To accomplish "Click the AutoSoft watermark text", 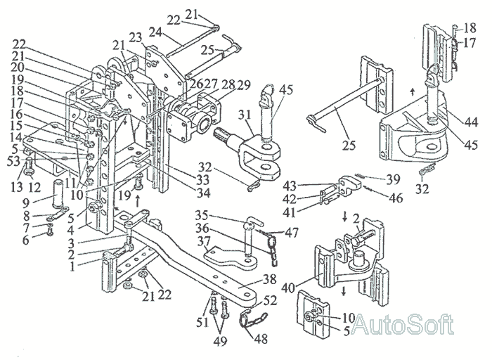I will [x=403, y=324].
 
